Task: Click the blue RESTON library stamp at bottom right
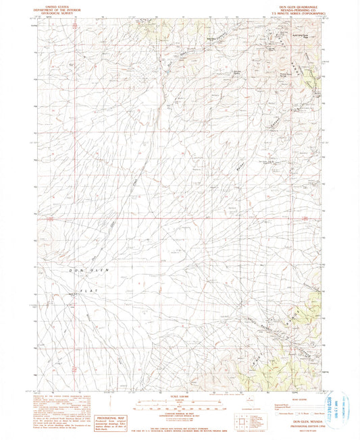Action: point(338,405)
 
